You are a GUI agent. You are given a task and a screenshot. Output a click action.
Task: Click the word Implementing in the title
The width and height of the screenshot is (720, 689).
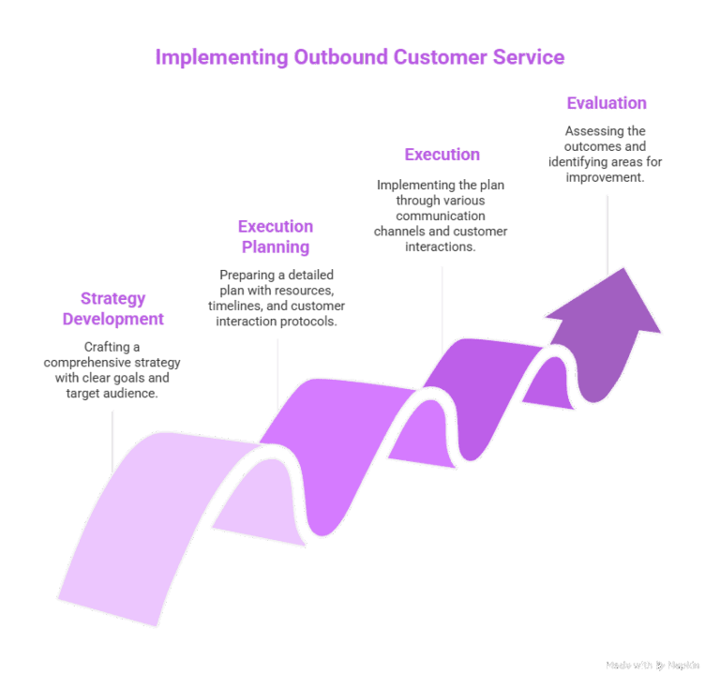pos(208,58)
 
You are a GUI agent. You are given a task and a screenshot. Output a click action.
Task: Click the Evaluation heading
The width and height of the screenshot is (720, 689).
pos(606,103)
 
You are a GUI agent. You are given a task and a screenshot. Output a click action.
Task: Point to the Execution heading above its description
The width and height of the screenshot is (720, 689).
pos(442,154)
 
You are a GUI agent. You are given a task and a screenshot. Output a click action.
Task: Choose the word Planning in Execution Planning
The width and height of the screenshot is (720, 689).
pos(276,247)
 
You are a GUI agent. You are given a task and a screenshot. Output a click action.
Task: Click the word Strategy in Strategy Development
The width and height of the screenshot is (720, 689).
pos(112,299)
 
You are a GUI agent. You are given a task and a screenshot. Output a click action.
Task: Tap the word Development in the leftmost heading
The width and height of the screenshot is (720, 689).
pos(112,320)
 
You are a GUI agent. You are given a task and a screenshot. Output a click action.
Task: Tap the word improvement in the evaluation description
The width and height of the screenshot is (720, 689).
pos(605,177)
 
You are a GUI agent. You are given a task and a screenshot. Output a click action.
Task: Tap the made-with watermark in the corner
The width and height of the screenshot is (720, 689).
pos(652,665)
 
